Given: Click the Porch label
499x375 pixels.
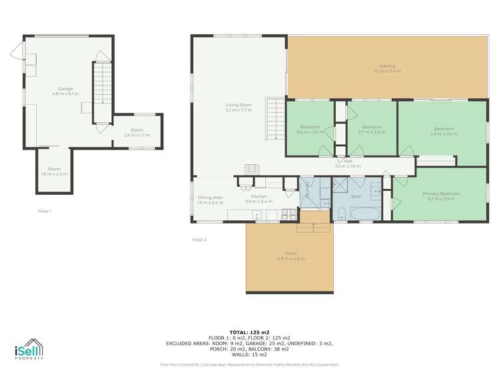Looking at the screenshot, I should [290, 256].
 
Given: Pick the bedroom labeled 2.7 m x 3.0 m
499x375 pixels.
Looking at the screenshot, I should [371, 129].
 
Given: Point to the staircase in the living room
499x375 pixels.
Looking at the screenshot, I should [275, 118].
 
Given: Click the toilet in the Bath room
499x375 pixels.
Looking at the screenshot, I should [340, 212].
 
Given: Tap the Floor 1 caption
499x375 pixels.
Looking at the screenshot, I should [44, 211].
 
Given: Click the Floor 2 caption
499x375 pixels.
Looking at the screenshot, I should [199, 240].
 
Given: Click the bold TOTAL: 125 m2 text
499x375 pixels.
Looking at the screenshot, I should [249, 332].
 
